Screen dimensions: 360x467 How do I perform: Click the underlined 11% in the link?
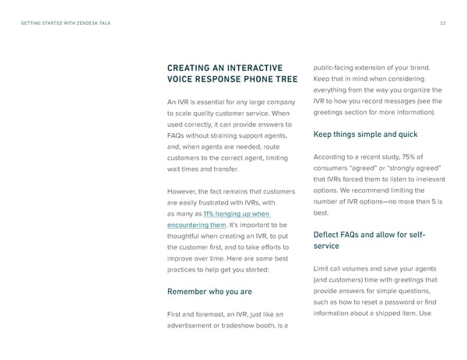coord(210,214)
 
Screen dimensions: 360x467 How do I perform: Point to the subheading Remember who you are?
coord(209,292)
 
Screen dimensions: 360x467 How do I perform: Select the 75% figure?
coord(415,158)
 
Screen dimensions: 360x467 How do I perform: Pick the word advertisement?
coord(192,325)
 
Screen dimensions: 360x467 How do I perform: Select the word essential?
coord(213,102)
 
